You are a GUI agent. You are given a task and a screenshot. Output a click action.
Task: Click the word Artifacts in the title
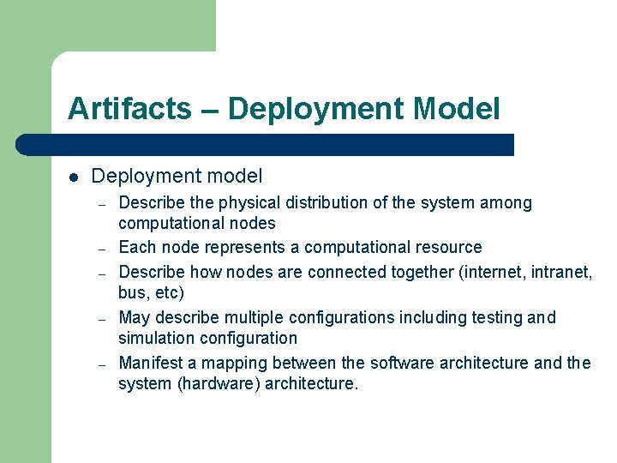[x=129, y=109]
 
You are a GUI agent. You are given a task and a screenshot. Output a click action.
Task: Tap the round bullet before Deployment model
[x=74, y=177]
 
